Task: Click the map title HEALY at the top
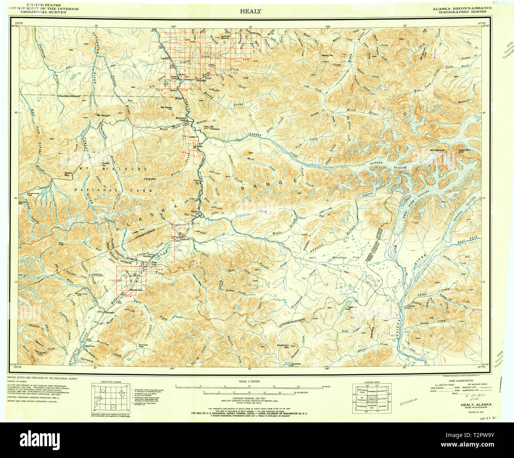tap(250, 11)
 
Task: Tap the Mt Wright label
tap(102, 115)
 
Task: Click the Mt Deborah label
tap(438, 150)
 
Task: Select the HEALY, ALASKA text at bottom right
tap(476, 405)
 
